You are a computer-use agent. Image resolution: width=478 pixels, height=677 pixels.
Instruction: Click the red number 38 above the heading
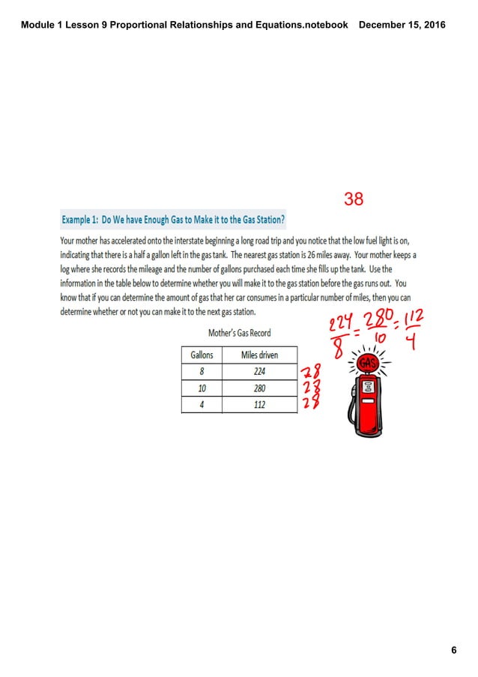(354, 199)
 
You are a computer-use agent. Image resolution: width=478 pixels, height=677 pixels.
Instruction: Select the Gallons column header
(202, 355)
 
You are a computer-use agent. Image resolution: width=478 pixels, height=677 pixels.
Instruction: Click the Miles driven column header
(259, 355)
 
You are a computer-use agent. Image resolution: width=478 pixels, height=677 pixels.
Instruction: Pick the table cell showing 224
(259, 371)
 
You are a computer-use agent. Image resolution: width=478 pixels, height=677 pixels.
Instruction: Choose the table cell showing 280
(259, 388)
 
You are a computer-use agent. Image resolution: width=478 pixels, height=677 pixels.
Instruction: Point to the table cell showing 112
(259, 405)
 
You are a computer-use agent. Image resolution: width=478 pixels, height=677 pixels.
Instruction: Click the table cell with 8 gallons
(202, 371)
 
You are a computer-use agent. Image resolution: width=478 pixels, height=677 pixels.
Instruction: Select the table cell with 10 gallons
(202, 388)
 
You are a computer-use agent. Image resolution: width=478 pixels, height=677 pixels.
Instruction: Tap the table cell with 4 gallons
(202, 405)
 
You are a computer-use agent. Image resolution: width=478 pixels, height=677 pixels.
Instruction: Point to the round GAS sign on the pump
(367, 363)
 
